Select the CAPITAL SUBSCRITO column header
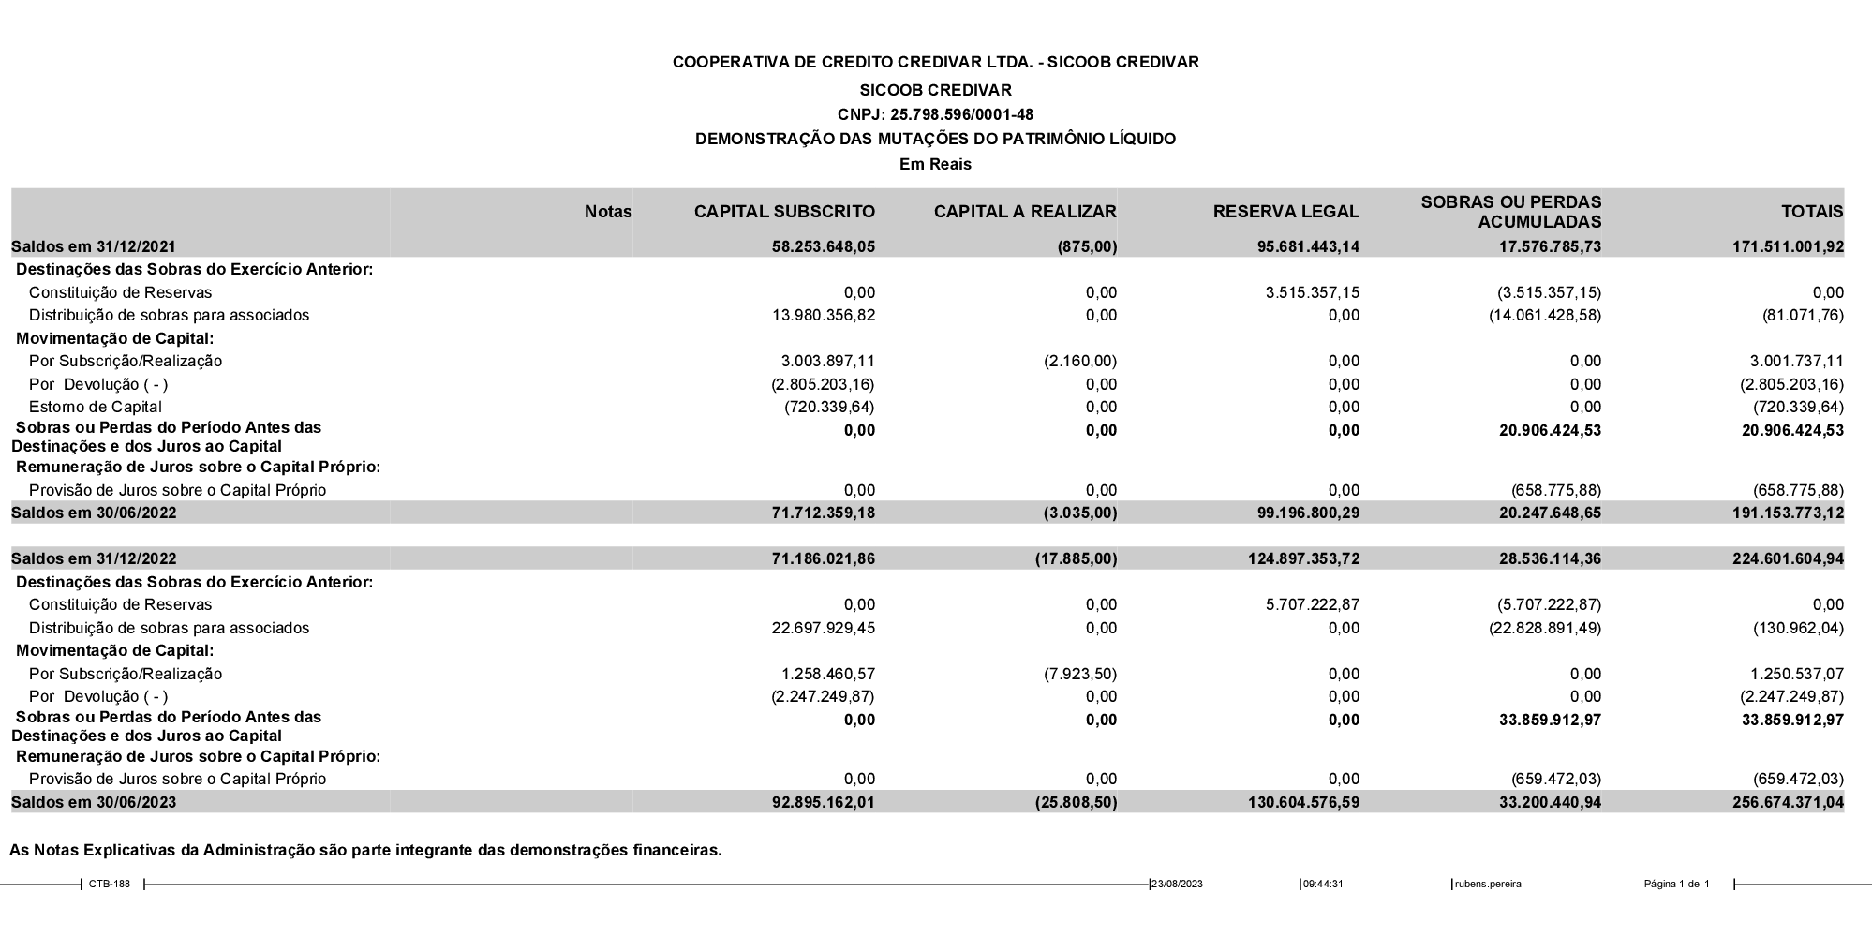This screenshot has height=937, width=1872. [784, 212]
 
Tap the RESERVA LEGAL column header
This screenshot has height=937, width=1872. [1285, 212]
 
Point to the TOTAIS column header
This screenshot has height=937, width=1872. [1812, 212]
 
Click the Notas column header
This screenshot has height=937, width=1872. [608, 212]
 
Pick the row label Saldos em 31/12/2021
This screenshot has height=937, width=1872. [94, 247]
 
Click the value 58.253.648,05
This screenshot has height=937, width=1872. [829, 247]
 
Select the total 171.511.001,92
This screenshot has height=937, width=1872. [1788, 247]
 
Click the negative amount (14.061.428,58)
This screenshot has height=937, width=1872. [1545, 316]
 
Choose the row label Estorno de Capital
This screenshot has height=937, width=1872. [96, 408]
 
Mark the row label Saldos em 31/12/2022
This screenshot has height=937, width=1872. [94, 559]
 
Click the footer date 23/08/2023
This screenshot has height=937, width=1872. [1178, 885]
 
